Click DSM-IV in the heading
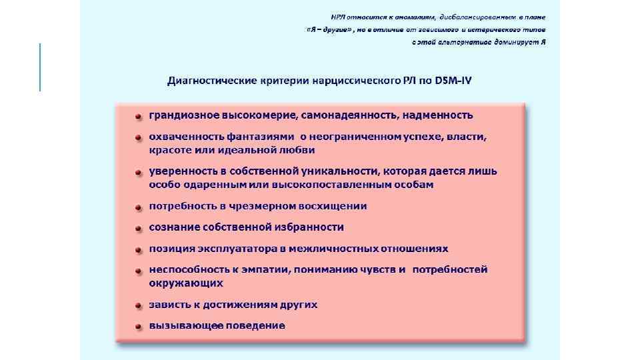pos(454,81)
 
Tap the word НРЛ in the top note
pos(340,17)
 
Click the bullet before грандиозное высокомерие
pos(138,117)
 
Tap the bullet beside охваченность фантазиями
pos(138,138)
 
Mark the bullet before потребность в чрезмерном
pos(138,207)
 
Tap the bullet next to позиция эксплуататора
pos(138,251)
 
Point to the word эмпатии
pos(264,269)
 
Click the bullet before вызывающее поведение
pos(138,327)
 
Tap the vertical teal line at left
pos(40,67)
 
